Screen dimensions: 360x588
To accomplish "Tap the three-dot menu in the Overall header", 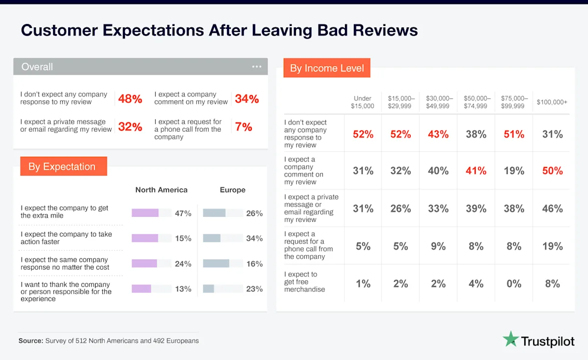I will click(x=257, y=67).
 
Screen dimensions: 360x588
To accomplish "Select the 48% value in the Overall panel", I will click(x=130, y=99).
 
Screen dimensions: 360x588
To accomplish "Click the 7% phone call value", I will click(x=244, y=127).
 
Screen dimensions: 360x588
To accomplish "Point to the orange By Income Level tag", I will click(x=327, y=68).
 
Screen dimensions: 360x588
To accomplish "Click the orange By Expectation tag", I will click(x=62, y=167).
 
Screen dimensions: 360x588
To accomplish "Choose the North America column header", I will click(x=161, y=190).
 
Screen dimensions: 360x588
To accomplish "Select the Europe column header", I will click(x=233, y=190).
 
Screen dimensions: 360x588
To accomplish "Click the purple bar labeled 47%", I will click(x=145, y=213).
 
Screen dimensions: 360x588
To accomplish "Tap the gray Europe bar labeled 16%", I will click(x=216, y=264).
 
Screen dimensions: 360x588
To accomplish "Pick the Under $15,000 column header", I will click(x=363, y=102).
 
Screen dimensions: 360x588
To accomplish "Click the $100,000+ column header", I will click(x=552, y=102).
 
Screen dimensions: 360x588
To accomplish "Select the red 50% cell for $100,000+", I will click(x=552, y=171).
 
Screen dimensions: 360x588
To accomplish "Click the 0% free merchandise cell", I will click(x=514, y=284).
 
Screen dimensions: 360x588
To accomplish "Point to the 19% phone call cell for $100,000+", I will click(x=552, y=246).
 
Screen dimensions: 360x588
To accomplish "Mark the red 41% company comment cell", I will click(x=476, y=171).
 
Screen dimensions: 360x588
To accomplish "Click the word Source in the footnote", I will click(x=30, y=340).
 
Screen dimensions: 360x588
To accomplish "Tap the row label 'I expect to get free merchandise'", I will click(x=304, y=282).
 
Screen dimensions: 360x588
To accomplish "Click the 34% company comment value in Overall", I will click(x=246, y=99).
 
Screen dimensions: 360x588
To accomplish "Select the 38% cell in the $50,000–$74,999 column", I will click(x=476, y=134).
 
